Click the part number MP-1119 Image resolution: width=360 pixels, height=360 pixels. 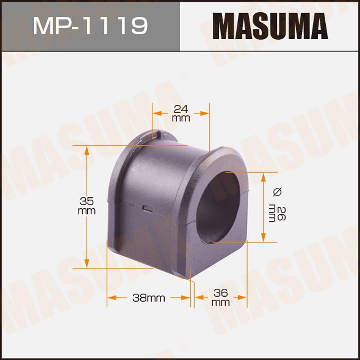tap(90, 25)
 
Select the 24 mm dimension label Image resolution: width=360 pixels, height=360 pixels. tap(181, 113)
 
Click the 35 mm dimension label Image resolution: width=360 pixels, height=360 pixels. tap(86, 206)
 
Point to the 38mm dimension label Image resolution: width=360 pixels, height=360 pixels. tap(148, 298)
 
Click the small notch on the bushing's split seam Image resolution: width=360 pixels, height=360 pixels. tap(147, 208)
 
